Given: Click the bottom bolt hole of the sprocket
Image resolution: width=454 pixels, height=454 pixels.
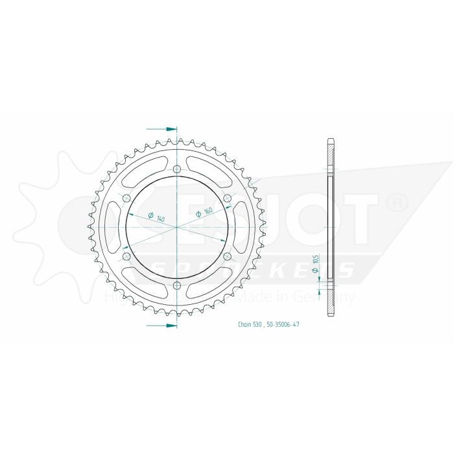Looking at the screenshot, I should (x=177, y=285).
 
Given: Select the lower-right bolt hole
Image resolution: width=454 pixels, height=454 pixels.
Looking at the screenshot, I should (x=227, y=257).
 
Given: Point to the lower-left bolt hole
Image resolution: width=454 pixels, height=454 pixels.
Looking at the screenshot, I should (x=127, y=257).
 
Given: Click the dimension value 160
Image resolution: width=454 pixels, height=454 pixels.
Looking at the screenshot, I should (x=208, y=211).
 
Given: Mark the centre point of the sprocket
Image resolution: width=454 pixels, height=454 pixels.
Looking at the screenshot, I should (x=177, y=228).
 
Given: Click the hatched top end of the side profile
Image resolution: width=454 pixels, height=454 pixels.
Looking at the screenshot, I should (x=331, y=153).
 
